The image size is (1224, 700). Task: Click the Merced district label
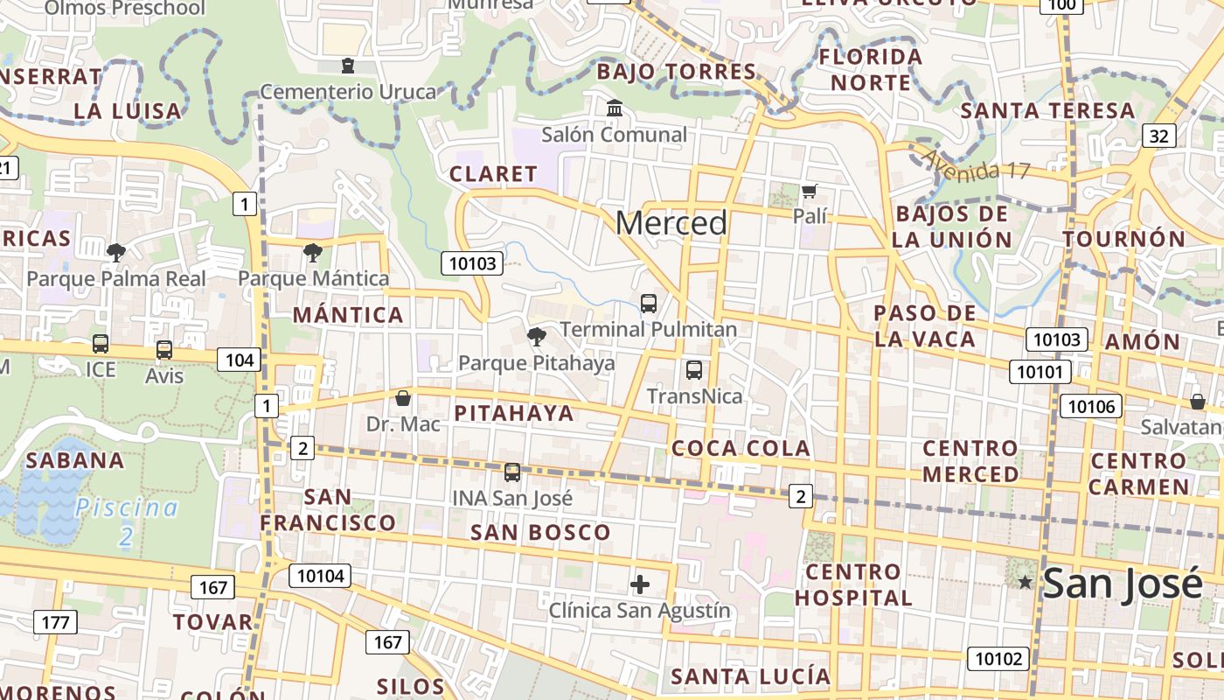coord(671,223)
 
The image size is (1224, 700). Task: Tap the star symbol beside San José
coord(1025,582)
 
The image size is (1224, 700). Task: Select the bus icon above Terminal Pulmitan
coord(648,304)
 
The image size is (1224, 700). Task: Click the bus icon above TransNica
coord(693,370)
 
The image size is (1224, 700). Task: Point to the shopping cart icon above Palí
coord(810,190)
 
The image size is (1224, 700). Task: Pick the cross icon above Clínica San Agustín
coord(640,584)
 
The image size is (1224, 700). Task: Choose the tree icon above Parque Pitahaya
coord(536,336)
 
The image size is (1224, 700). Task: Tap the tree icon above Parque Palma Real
coord(115,253)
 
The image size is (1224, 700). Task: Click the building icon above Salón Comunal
coord(614,108)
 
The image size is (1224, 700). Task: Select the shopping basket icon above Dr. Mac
coord(403,398)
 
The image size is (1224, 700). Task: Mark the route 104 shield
coord(240,360)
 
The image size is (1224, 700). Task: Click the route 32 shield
coord(1158,136)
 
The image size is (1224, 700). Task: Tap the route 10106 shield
coord(1090,406)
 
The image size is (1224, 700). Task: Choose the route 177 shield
coord(56,622)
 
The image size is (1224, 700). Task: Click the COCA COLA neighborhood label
coord(741,448)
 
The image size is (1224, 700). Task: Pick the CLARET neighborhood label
coord(493,174)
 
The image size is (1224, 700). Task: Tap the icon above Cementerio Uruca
coord(348,66)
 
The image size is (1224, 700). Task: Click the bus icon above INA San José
coord(511,472)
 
